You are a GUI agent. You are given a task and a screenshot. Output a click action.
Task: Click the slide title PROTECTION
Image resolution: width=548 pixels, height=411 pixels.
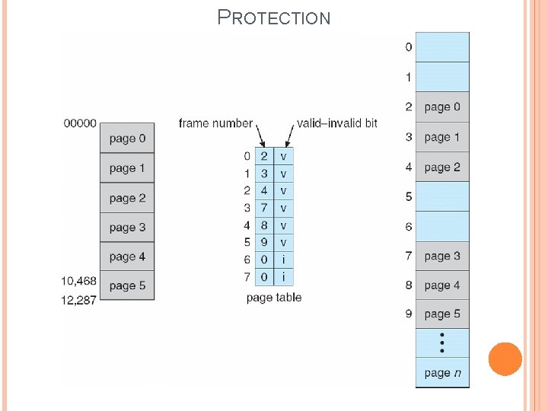tap(274, 17)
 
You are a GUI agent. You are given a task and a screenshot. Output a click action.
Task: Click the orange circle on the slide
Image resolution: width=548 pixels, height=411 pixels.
tap(505, 359)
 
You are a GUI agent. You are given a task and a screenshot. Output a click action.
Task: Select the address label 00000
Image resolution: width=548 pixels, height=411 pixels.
tap(79, 123)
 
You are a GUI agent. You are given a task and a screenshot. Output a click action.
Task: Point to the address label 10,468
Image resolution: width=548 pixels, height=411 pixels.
tap(79, 281)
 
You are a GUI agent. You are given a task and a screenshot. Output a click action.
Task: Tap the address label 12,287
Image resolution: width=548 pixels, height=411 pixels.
tap(79, 300)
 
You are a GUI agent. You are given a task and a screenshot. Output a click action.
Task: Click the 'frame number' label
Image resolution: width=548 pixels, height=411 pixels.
tap(215, 123)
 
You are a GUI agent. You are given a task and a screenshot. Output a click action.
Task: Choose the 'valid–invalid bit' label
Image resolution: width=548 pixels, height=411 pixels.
tap(336, 123)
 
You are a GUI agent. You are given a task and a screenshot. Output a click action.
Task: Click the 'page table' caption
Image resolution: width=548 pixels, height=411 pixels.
tap(274, 298)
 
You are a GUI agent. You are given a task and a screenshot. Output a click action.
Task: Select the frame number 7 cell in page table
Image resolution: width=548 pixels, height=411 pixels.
tap(264, 208)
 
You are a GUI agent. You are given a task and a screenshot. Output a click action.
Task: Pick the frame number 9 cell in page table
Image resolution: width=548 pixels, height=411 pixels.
tap(264, 243)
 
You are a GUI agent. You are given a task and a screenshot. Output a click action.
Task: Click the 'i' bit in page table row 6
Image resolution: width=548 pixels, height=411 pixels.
tap(283, 260)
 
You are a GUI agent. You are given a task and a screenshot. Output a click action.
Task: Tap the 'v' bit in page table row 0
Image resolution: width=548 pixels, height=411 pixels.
tap(283, 156)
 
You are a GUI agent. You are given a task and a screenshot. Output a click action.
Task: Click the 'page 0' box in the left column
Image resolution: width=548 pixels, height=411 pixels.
tap(127, 139)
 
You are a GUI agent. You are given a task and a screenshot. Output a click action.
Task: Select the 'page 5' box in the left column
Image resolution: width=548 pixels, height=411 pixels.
tap(127, 286)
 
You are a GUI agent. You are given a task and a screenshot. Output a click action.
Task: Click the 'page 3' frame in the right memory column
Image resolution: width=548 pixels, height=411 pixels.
tap(442, 256)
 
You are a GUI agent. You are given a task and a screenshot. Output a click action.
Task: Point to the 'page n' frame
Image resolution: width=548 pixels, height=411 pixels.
tap(442, 373)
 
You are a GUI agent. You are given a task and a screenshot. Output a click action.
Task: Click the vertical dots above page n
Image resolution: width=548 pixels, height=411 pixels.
tap(442, 342)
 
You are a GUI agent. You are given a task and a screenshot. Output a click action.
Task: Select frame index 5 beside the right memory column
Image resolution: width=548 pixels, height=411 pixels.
tap(409, 197)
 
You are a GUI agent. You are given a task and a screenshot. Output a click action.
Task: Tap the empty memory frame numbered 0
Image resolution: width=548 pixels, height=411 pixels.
tap(442, 47)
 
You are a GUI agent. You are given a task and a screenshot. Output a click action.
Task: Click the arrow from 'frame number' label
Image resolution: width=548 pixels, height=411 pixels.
tap(258, 137)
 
